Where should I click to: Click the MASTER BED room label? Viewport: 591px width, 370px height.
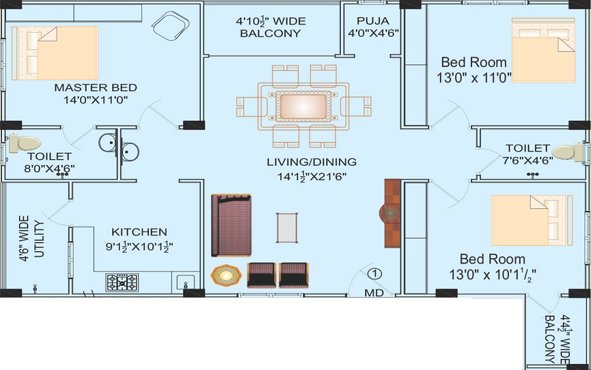point(95,87)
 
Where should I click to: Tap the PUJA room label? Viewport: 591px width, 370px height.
point(373,20)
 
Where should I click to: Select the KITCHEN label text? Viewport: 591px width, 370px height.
point(139,232)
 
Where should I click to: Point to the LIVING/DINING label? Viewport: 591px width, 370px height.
point(311,162)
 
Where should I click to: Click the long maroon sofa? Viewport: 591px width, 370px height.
point(231,225)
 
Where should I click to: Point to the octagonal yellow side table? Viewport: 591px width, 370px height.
point(226,275)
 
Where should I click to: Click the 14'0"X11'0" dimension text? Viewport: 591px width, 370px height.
point(95,101)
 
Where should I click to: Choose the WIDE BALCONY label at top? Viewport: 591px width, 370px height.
point(271,27)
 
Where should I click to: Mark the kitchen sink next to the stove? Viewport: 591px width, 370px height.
point(186,282)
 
